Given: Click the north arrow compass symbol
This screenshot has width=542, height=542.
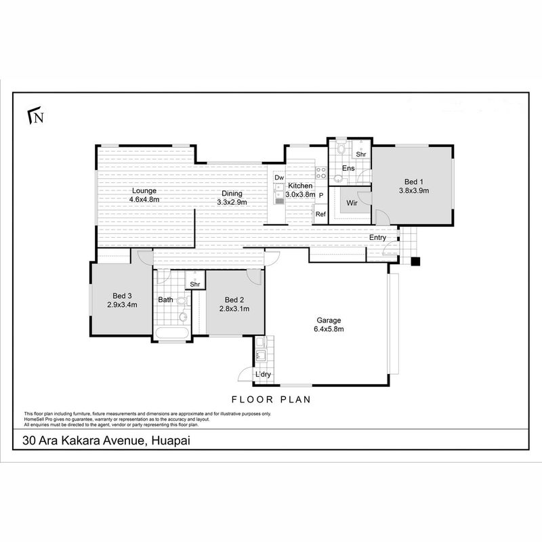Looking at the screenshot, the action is [36, 115].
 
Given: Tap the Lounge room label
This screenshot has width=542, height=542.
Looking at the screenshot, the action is [144, 190].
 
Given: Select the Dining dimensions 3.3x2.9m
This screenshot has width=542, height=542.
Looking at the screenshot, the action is [232, 202].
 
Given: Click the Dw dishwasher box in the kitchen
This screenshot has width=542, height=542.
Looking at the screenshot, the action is [279, 178].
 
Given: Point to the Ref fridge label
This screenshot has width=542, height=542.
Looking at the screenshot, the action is [320, 214].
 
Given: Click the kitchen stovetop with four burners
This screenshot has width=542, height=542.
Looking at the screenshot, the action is [321, 173].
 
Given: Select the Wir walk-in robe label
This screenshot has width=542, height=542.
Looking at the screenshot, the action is [352, 203].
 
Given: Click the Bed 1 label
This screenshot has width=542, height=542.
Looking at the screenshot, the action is [414, 182].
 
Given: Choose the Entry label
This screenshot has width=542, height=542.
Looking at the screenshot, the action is [377, 238].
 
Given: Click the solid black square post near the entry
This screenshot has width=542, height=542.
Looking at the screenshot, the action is [415, 262].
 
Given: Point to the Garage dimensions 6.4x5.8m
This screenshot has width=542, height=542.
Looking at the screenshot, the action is [329, 329].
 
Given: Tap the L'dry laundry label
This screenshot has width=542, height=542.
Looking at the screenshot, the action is [263, 375].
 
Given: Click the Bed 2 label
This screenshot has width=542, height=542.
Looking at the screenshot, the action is [234, 299].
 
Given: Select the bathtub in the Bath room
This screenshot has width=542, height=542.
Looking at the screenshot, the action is [172, 334].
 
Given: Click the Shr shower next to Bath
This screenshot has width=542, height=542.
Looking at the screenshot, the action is [195, 279].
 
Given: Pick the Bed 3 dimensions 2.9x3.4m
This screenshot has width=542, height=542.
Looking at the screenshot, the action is [122, 304].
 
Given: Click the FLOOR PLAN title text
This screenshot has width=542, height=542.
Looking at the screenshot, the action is [271, 400].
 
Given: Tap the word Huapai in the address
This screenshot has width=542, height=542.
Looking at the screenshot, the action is [171, 441].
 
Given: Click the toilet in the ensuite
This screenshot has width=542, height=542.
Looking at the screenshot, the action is [341, 148].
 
